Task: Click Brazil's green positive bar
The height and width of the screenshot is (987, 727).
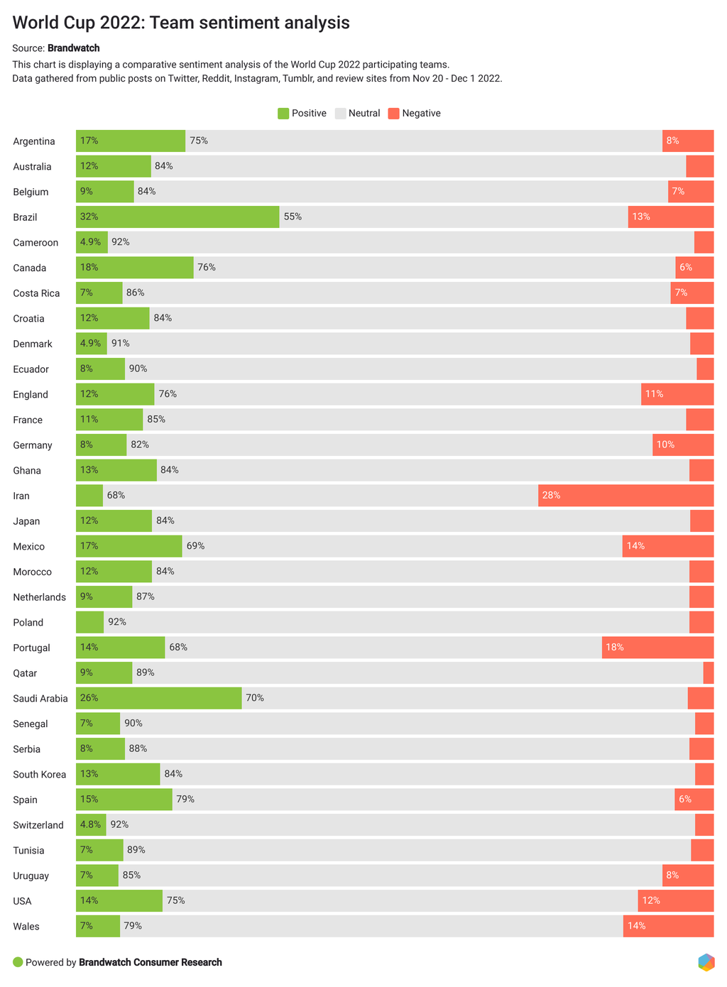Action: coord(177,217)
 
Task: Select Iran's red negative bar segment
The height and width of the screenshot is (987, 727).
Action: coord(625,496)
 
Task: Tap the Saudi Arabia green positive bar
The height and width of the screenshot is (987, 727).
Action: coord(159,698)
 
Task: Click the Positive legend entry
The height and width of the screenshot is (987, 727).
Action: coord(302,114)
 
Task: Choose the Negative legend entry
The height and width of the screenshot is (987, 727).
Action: coord(415,114)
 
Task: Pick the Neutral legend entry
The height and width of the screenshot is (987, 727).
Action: coord(358,114)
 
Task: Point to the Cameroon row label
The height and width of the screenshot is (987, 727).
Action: coord(35,243)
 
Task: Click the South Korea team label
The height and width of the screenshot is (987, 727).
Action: coord(40,775)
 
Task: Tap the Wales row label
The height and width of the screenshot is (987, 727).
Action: coord(26,927)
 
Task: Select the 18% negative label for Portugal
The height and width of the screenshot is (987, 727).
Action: coord(615,648)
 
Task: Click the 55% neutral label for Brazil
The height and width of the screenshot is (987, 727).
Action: coord(293,217)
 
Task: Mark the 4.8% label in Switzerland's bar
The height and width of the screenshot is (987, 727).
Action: coord(90,825)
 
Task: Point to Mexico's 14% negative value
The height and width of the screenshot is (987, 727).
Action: coord(635,546)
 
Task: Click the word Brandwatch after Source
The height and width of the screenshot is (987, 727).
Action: coord(74,48)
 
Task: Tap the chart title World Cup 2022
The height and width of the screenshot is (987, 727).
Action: coord(181,23)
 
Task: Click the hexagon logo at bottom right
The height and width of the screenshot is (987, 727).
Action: coord(706,962)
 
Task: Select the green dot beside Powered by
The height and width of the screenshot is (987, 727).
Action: coord(18,962)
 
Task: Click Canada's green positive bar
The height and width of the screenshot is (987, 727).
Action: coord(134,268)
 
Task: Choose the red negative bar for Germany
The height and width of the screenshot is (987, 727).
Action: coord(683,445)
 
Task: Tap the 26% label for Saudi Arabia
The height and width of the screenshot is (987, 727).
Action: coord(89,698)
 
